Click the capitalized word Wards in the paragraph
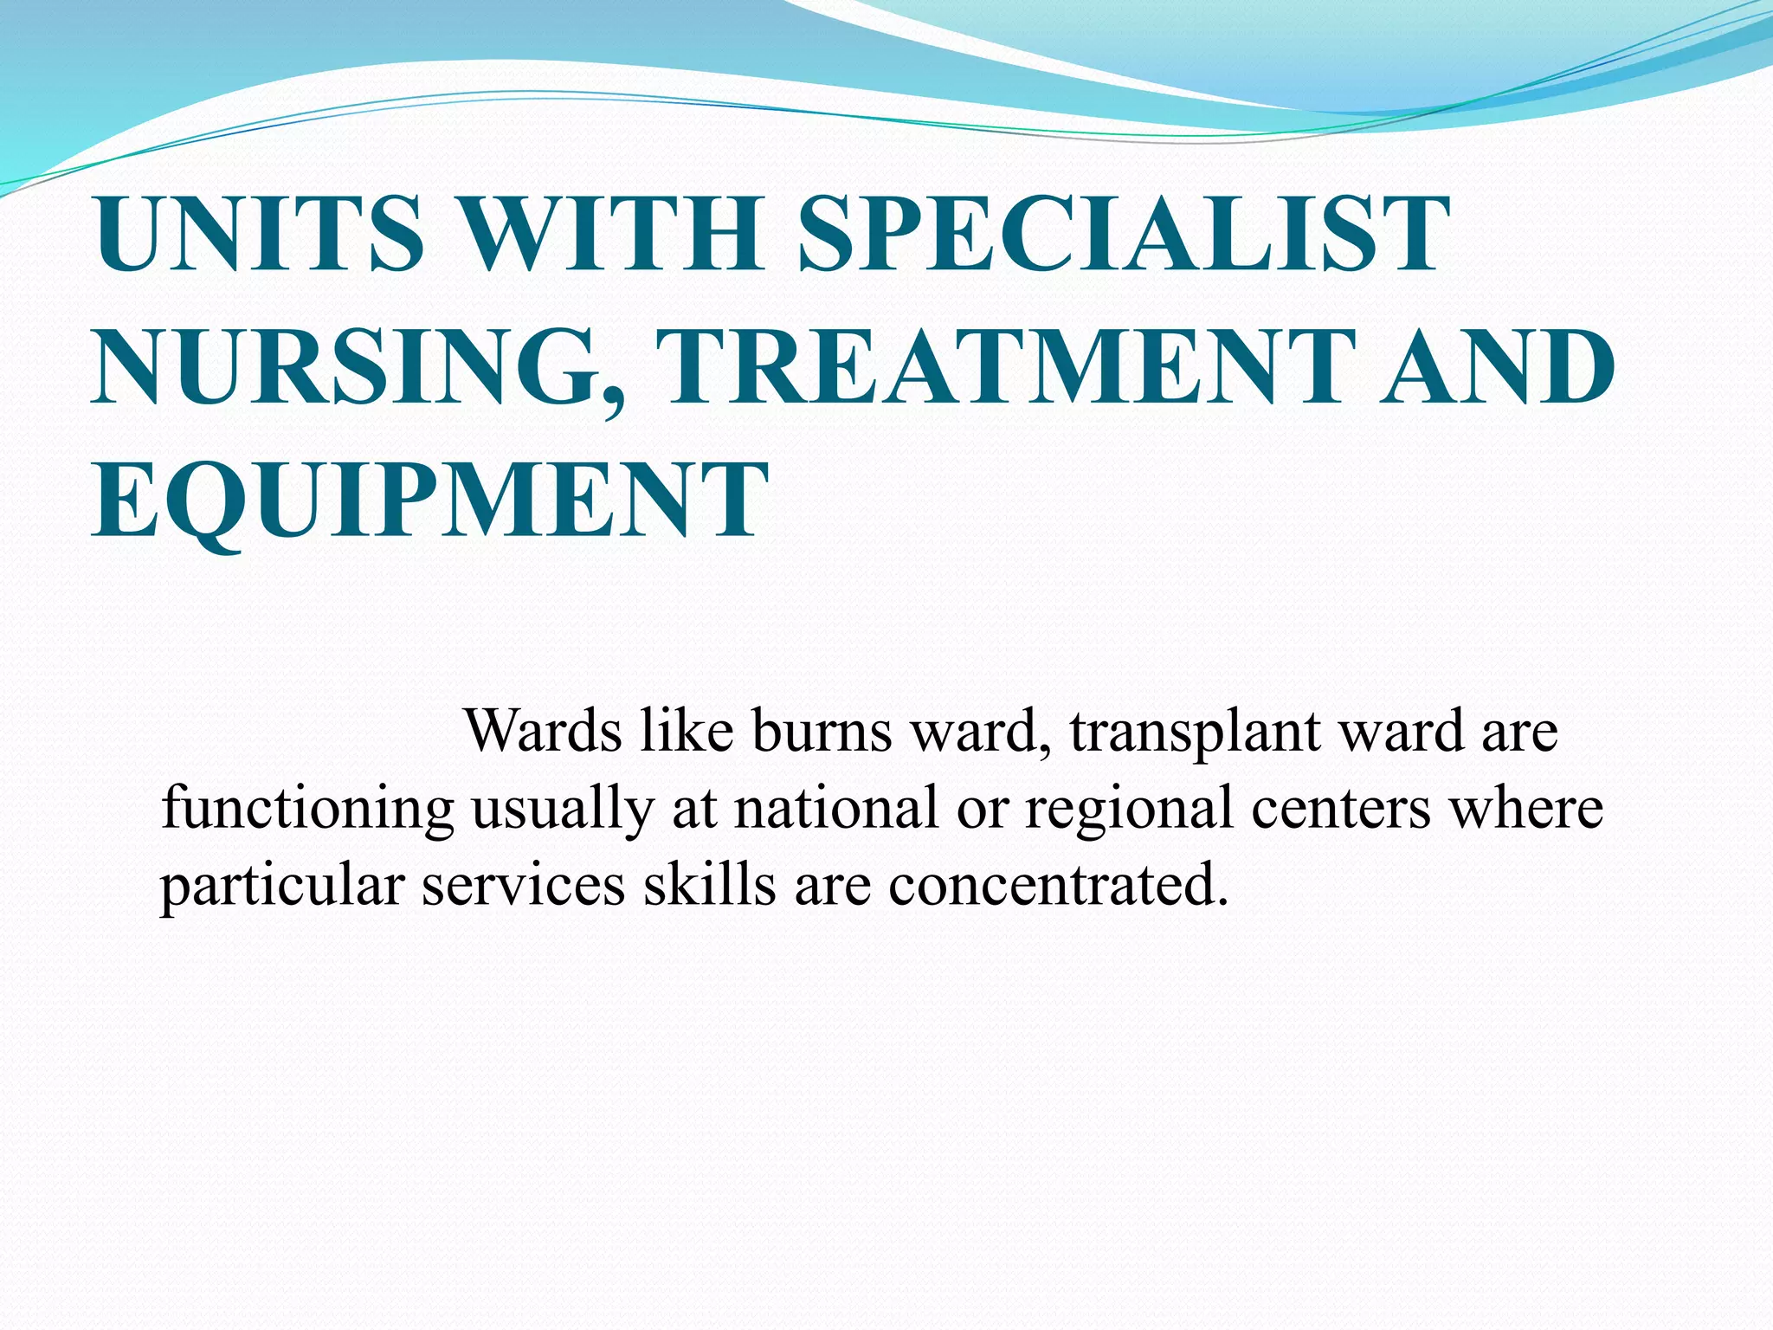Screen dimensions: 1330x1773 tap(543, 731)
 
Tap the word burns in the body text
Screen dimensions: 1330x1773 tap(822, 731)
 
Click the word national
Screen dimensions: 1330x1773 tap(836, 807)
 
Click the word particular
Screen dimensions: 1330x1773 tap(282, 887)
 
